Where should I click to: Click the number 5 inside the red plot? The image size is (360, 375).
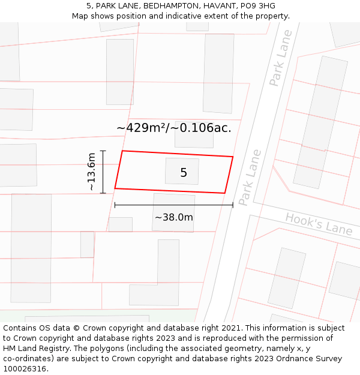coord(184,173)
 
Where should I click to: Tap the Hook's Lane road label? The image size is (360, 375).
coord(319,223)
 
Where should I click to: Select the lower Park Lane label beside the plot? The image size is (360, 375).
coord(250,178)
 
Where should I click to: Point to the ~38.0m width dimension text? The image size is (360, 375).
coord(174,217)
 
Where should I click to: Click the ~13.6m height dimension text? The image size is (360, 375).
coord(91,172)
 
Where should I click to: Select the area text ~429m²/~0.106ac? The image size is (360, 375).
coord(173,127)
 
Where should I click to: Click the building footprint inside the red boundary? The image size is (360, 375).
coord(182,171)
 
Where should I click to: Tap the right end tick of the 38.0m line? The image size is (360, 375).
coord(233,205)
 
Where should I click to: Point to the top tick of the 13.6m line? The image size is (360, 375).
coord(103,151)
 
